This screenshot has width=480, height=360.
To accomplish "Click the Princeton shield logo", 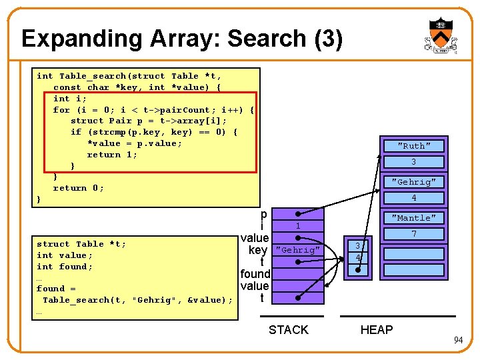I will click(440, 36).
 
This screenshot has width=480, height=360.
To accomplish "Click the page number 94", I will click(458, 341).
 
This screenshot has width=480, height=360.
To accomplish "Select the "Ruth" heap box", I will click(414, 146).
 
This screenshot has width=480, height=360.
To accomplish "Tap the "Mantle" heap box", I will click(414, 218).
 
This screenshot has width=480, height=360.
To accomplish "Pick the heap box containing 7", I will click(414, 234).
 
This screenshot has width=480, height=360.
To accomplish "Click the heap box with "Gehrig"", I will click(414, 182).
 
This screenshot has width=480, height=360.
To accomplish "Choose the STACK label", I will click(288, 329).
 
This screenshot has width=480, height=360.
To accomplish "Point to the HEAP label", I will click(377, 329).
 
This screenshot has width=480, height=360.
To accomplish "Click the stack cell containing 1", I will click(298, 227).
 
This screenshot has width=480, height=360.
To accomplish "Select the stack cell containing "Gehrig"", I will click(298, 250).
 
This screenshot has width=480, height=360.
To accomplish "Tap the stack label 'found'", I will click(255, 274).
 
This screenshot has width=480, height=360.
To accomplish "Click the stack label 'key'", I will click(258, 250).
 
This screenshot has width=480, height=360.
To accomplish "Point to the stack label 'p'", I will click(264, 215).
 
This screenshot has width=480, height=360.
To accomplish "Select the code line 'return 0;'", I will click(79, 188).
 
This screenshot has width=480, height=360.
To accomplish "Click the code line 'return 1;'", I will click(113, 155).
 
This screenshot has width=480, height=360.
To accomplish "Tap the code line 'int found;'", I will click(65, 267).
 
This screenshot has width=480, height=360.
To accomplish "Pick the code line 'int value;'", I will click(65, 255).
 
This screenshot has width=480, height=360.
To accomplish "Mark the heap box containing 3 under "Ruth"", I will click(414, 162).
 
